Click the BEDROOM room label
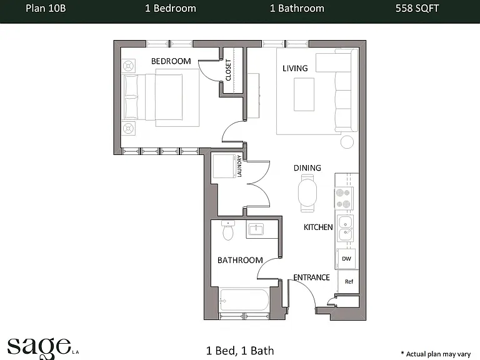tap(171, 61)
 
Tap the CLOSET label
tap(228, 70)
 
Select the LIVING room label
tap(295, 68)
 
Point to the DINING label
tap(307, 167)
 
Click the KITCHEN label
tap(318, 227)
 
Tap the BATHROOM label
tap(240, 260)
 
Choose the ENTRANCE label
tap(311, 277)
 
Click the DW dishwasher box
tap(346, 259)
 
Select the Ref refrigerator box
tap(349, 282)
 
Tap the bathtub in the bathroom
tap(244, 300)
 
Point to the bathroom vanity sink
tap(255, 229)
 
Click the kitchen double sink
tap(345, 228)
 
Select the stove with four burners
tap(344, 198)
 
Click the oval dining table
tap(307, 193)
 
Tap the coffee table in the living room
tap(304, 94)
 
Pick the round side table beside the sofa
tap(347, 142)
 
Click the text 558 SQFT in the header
tap(417, 8)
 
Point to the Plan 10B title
tap(46, 8)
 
